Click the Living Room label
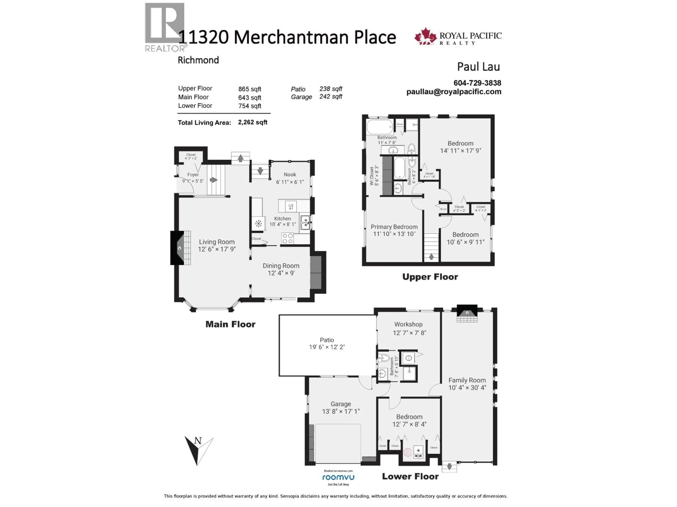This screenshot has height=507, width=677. [x=217, y=242]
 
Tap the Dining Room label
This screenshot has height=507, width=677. [x=281, y=266]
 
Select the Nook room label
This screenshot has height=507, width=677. [x=290, y=174]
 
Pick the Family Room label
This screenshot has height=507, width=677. [x=467, y=380]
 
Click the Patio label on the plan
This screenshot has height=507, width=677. [x=327, y=340]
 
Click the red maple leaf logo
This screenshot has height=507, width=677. [x=425, y=37]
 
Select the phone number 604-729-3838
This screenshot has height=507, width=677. [x=477, y=83]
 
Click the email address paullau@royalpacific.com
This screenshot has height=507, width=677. [x=454, y=92]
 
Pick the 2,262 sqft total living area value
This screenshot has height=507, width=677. [x=252, y=122]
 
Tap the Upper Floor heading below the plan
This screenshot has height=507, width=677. [x=430, y=277]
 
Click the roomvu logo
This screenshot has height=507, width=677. [x=338, y=477]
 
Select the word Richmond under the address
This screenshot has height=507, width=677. [x=198, y=60]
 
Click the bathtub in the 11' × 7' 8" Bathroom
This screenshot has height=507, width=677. [x=380, y=127]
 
